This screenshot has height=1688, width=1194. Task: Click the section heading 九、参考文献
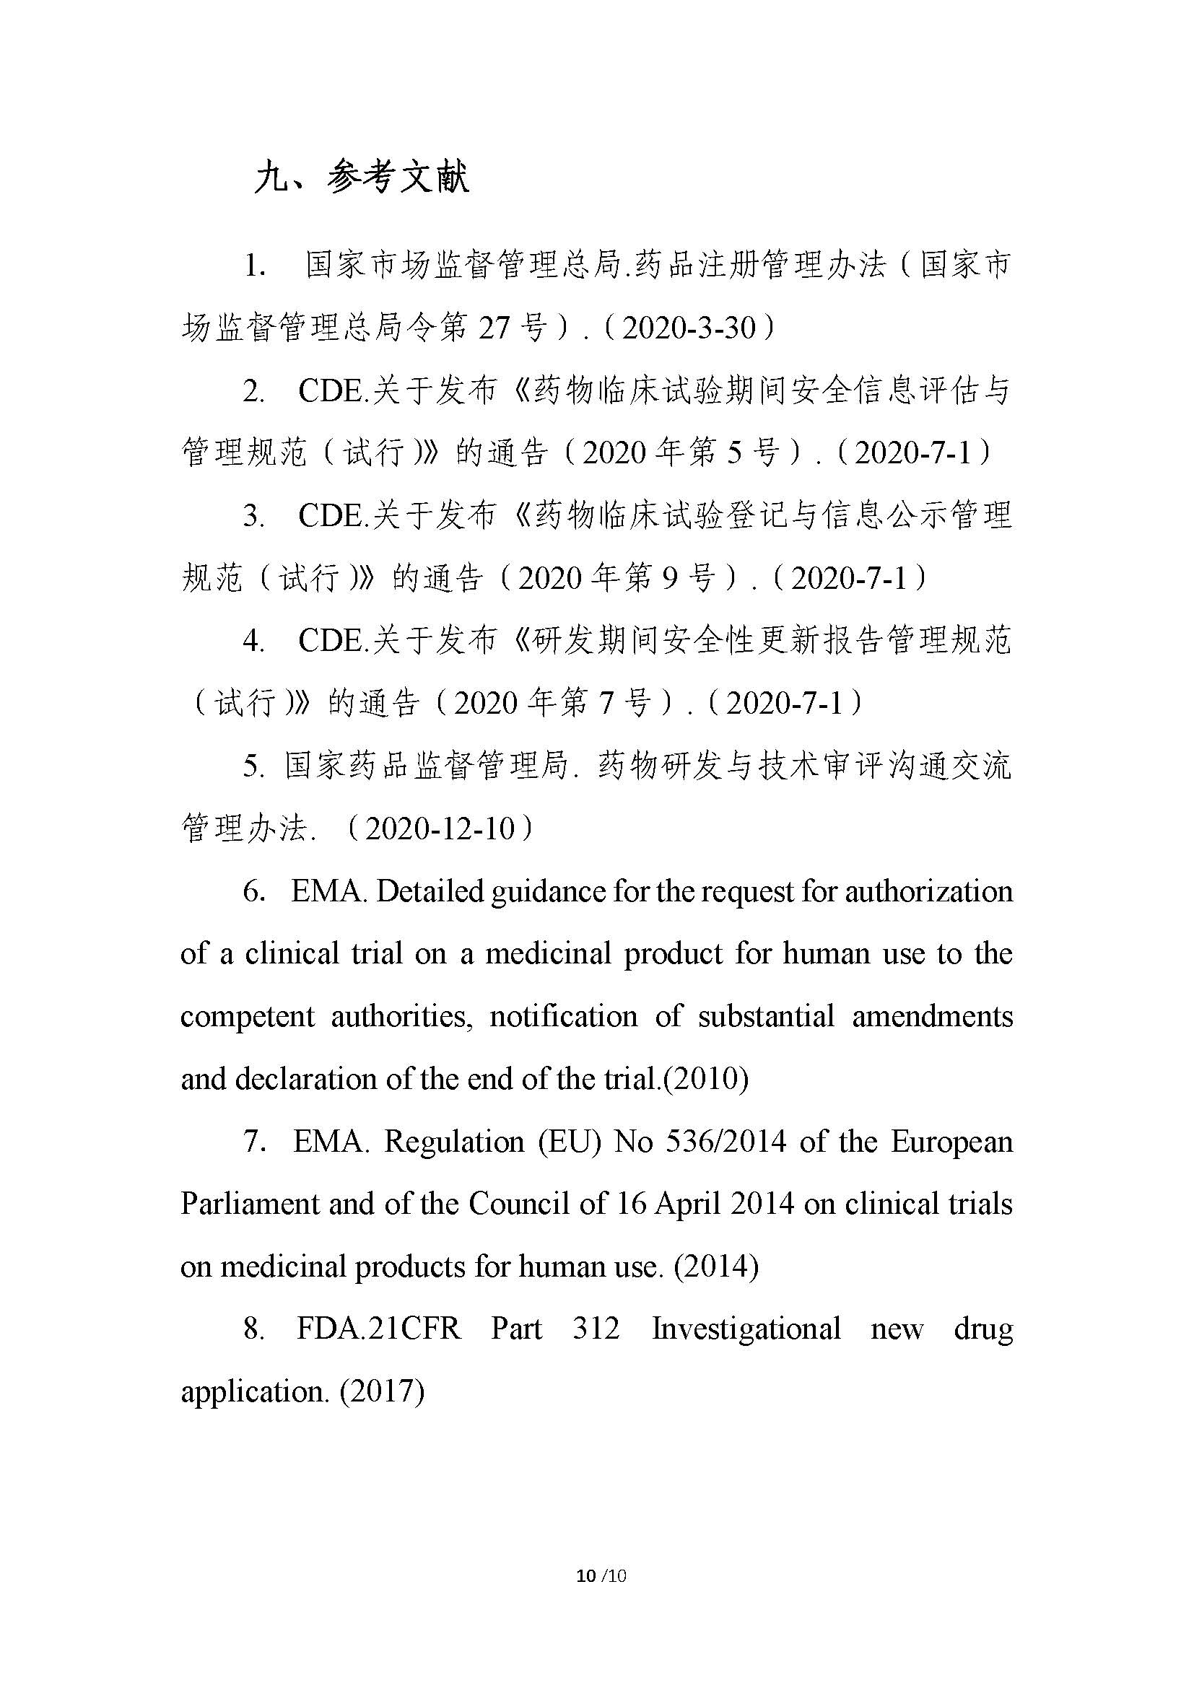point(361,179)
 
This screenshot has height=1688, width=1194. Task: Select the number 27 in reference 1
point(494,327)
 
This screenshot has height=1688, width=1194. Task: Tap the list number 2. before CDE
point(253,390)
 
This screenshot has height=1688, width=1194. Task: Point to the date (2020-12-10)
point(439,828)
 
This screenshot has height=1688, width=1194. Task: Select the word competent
point(248,1017)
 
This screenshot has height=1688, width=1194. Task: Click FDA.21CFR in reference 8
point(379,1329)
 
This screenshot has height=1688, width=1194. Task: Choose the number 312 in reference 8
point(596,1329)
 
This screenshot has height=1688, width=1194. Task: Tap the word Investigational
point(746,1329)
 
